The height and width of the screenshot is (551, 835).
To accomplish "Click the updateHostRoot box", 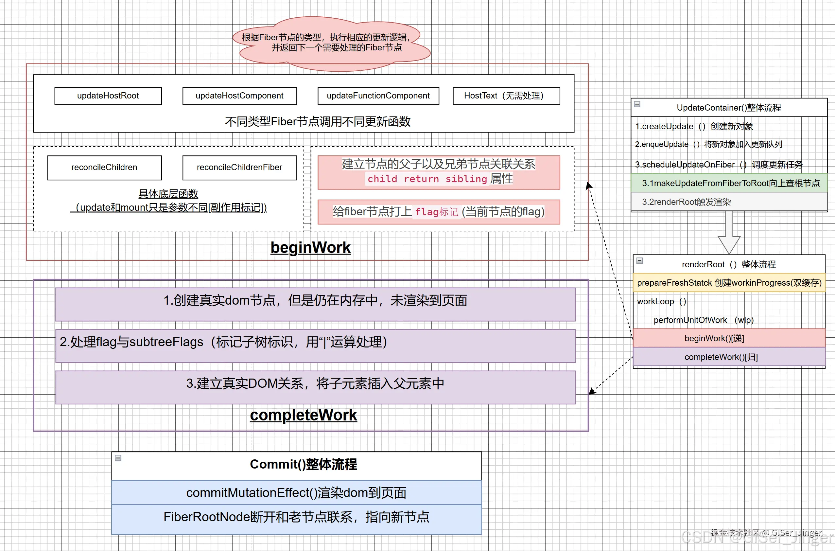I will click(108, 96).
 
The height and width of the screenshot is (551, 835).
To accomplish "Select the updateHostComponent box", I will click(239, 96).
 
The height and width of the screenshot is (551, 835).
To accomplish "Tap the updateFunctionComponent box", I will click(378, 96).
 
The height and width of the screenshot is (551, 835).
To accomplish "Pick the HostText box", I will click(506, 96).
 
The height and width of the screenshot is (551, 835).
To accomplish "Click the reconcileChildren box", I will click(104, 168).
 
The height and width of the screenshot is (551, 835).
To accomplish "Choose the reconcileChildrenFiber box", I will click(239, 168).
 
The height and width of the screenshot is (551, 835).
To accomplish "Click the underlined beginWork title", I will click(310, 247).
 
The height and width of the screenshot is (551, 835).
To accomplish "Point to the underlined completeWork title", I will click(304, 415).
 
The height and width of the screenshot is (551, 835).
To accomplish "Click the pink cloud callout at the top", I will click(330, 43).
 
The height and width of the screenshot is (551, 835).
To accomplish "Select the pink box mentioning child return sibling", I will click(438, 172).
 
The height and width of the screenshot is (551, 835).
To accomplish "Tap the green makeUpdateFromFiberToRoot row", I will click(729, 183).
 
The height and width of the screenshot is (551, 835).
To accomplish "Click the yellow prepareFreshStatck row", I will click(729, 283).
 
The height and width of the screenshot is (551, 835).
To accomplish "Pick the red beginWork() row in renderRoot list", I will click(729, 338).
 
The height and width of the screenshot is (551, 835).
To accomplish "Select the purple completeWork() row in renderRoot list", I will click(729, 357).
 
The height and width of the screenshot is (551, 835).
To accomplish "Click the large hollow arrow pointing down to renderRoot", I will click(729, 234).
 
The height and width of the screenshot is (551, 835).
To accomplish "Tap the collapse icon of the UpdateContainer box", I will click(637, 104).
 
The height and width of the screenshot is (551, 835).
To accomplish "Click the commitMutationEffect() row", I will click(296, 493).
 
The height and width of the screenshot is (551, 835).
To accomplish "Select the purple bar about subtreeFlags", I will click(315, 346).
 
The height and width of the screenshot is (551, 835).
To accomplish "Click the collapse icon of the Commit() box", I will click(118, 458).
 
